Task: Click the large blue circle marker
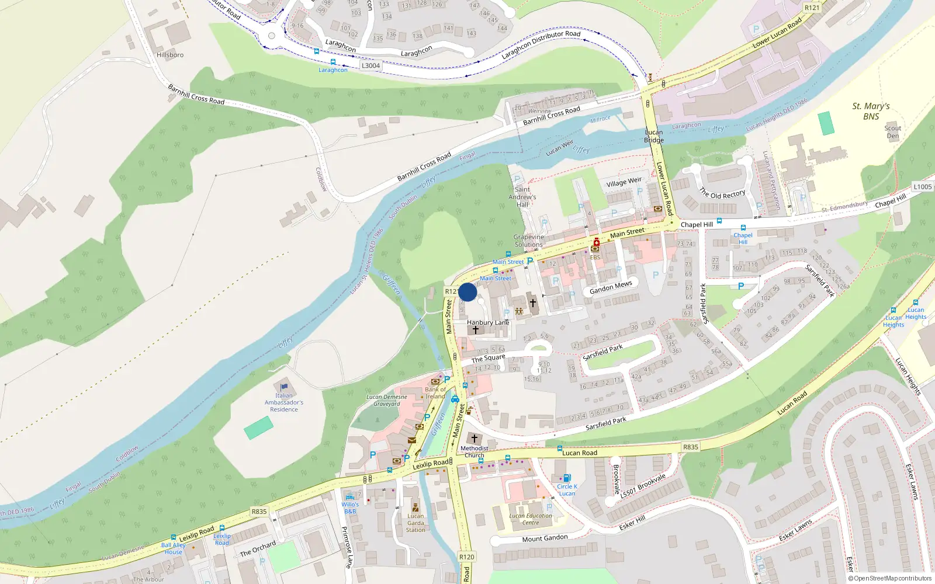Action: (x=467, y=292)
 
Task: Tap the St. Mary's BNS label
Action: (x=871, y=111)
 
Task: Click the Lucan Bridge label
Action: (x=654, y=136)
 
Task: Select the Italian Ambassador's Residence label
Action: (x=284, y=402)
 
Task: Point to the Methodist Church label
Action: (x=474, y=451)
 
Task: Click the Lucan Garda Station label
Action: (x=415, y=523)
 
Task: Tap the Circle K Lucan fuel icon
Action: (x=566, y=478)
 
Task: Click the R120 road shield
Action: (x=466, y=557)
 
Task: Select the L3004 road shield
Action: (x=370, y=65)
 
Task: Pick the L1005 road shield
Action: (x=923, y=187)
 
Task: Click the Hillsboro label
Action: (x=170, y=55)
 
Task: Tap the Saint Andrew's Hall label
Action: (x=522, y=197)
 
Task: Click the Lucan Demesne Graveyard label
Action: (x=387, y=400)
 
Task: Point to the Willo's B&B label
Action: (x=350, y=507)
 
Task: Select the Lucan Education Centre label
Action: (x=531, y=519)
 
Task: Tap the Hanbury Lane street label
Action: (x=488, y=322)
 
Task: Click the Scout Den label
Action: (x=892, y=132)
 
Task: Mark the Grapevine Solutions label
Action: (x=529, y=241)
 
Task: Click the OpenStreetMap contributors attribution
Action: (x=890, y=578)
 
